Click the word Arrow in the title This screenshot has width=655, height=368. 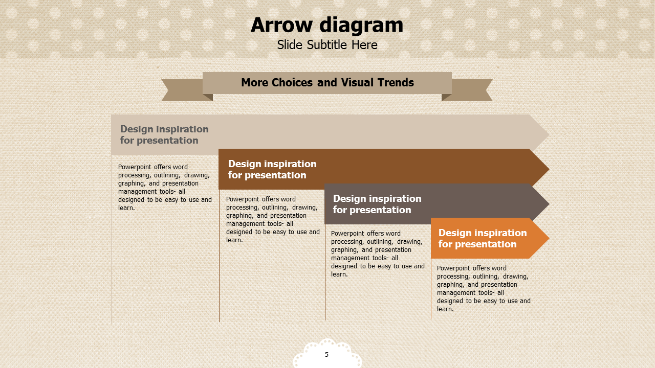[281, 25]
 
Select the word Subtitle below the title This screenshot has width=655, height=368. [327, 45]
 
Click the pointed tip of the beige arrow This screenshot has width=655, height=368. [549, 134]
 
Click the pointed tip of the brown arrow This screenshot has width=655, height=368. [549, 169]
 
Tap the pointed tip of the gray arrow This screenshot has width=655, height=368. [549, 204]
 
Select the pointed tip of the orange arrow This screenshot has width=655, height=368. [549, 238]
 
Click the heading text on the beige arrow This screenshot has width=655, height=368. [164, 134]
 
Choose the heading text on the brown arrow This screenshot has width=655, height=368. [272, 169]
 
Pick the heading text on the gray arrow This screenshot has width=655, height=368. [377, 204]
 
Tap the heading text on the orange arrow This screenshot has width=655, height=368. [483, 238]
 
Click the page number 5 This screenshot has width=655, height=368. [326, 355]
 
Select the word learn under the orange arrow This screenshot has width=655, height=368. [445, 309]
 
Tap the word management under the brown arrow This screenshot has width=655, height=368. [241, 224]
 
